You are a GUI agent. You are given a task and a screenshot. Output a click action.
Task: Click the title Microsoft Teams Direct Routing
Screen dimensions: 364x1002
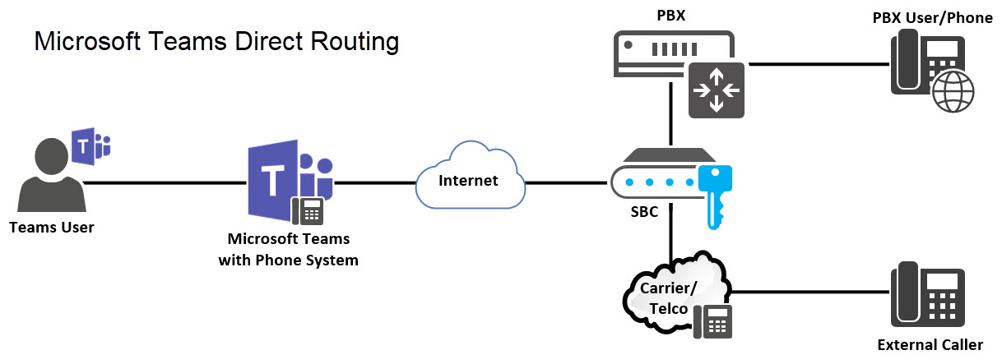point(216,42)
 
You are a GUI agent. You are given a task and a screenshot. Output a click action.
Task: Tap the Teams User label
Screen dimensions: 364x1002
point(52,228)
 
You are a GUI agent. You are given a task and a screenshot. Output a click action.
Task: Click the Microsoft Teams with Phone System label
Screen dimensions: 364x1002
point(288,250)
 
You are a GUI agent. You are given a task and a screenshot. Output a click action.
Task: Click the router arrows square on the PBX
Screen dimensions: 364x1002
point(716,88)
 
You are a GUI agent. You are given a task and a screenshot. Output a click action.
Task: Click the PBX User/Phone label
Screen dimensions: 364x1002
point(932,17)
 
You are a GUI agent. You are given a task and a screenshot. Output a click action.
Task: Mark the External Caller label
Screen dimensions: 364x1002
point(930,344)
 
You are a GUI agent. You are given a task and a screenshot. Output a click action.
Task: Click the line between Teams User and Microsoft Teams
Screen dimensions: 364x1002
point(165,182)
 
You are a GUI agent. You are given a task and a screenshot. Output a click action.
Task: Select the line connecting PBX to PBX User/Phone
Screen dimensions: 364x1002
point(814,63)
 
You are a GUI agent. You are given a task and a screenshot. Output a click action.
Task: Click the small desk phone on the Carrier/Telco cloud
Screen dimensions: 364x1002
point(712,320)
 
